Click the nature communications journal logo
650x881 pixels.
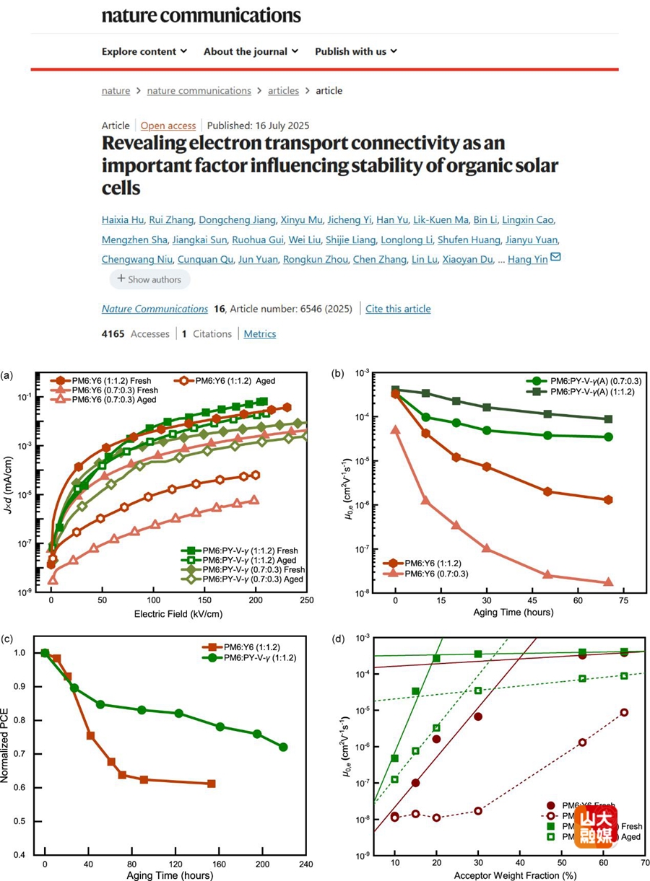tap(201, 14)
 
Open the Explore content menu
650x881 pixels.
tap(144, 51)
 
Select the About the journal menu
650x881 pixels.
tap(251, 51)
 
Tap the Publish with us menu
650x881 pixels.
tap(355, 51)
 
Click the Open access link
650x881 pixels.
tap(168, 126)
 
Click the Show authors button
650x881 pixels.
tap(150, 279)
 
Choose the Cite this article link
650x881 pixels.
tap(398, 309)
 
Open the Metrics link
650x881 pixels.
tap(259, 334)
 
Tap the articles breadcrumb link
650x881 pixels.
tap(283, 91)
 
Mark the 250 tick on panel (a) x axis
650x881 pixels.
tap(306, 600)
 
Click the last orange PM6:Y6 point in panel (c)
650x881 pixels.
tap(211, 784)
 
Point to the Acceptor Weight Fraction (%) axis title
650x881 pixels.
tap(505, 876)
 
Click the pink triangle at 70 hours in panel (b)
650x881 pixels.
tap(608, 582)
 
